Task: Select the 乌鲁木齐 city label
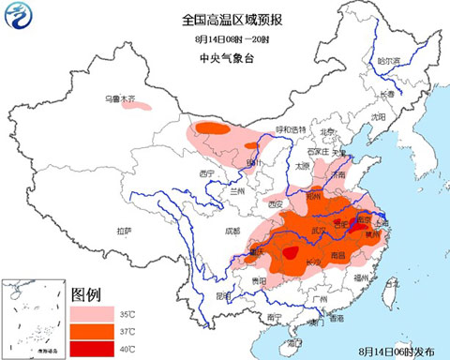point(120,97)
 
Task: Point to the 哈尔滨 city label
point(388,62)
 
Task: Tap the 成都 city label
point(218,230)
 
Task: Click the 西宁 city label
point(207,174)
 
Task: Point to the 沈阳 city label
point(378,117)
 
